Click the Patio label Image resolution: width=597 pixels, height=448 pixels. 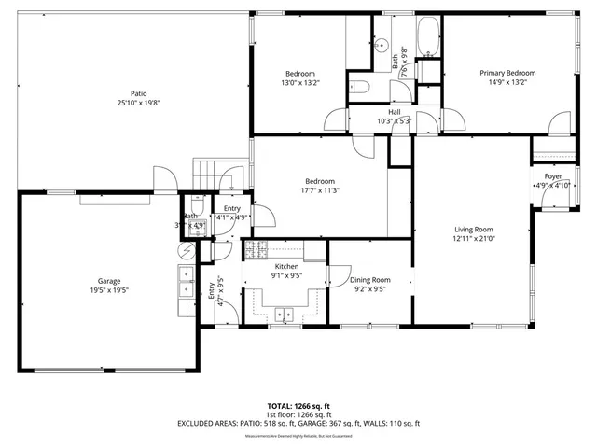[138, 93]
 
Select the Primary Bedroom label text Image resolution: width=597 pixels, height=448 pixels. [507, 73]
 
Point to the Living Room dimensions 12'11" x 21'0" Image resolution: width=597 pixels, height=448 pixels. [474, 239]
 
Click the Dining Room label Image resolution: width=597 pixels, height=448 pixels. [369, 279]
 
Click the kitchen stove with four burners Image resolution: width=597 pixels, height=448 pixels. [256, 248]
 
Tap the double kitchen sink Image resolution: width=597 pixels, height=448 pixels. [284, 315]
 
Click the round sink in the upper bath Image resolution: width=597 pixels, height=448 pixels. [382, 43]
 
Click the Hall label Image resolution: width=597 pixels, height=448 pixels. [395, 111]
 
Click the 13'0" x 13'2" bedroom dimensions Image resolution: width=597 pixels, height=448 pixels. [300, 82]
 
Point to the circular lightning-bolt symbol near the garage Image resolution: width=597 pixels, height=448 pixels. [186, 250]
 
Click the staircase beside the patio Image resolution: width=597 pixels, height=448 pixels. [208, 174]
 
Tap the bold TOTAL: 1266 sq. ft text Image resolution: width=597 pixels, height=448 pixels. [298, 406]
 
